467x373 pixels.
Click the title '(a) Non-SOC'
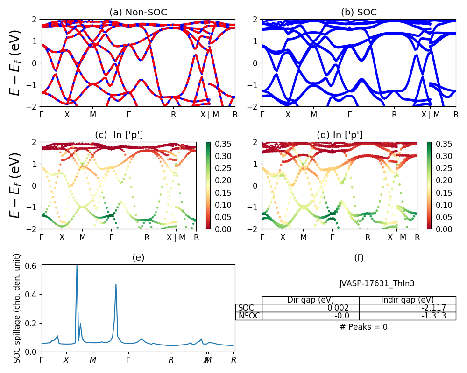pos(138,13)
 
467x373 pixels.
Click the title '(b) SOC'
pos(359,13)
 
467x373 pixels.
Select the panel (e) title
pos(138,257)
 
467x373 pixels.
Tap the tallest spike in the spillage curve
pos(77,267)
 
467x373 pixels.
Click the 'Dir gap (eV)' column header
pos(310,300)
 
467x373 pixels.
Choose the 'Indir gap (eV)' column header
pos(407,300)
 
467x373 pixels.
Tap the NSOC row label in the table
pos(248,316)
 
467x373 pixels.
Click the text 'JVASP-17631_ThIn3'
pos(376,283)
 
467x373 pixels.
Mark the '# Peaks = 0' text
pos(363,327)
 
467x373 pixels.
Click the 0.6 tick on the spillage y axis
pos(34,265)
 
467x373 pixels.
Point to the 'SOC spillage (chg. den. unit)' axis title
pos(17,308)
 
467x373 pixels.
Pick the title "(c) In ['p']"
pos(119,135)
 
